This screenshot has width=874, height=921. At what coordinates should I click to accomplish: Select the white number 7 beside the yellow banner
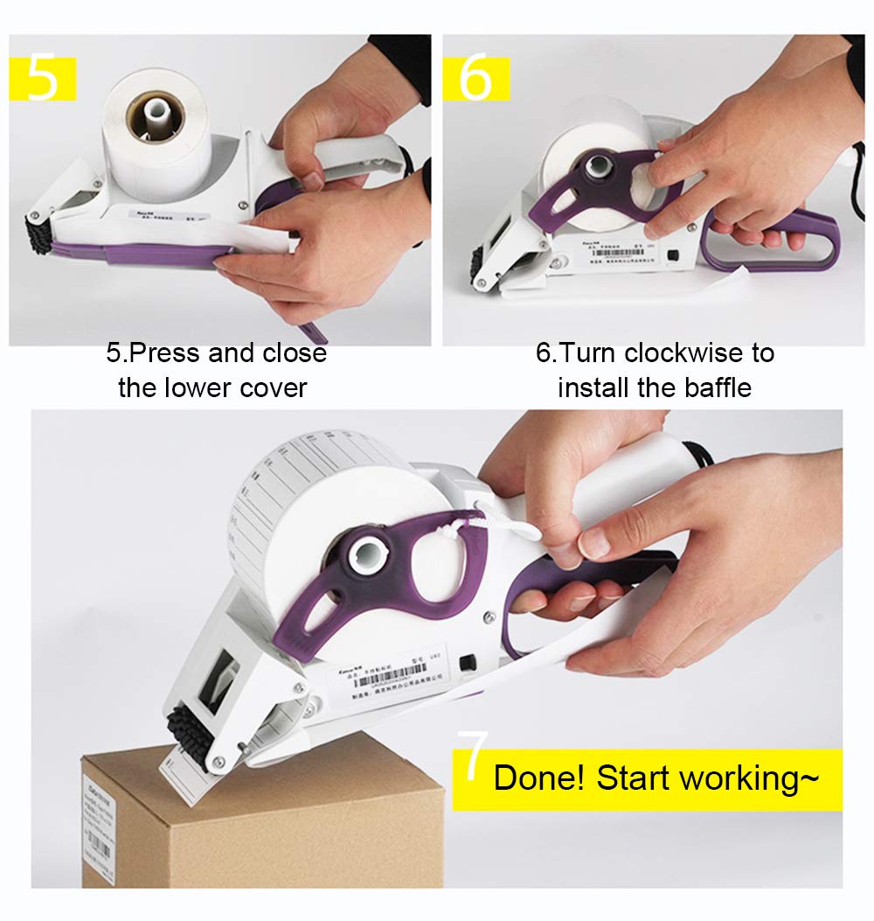pos(472,757)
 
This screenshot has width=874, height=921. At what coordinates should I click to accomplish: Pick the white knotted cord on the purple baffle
pos(489,525)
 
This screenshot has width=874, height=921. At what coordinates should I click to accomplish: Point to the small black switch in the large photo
pos(468,664)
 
